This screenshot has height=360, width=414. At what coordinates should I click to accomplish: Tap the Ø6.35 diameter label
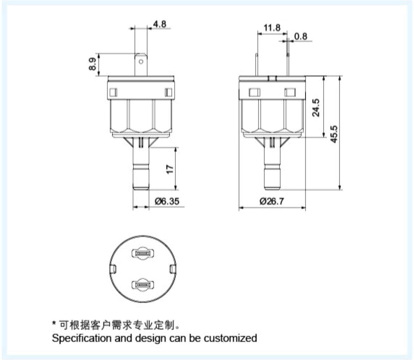tap(167, 201)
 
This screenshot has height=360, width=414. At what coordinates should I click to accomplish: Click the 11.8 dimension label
tap(272, 28)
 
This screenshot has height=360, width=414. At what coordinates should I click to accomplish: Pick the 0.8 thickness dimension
tap(300, 36)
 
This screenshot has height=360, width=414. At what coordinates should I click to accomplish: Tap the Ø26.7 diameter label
tap(271, 201)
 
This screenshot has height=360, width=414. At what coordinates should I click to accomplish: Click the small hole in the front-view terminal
tap(142, 61)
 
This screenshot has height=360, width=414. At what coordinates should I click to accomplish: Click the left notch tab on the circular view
tap(113, 269)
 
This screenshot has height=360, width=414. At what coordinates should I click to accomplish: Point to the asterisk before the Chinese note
tap(54, 323)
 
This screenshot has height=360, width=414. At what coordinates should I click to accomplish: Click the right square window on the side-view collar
tap(290, 93)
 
